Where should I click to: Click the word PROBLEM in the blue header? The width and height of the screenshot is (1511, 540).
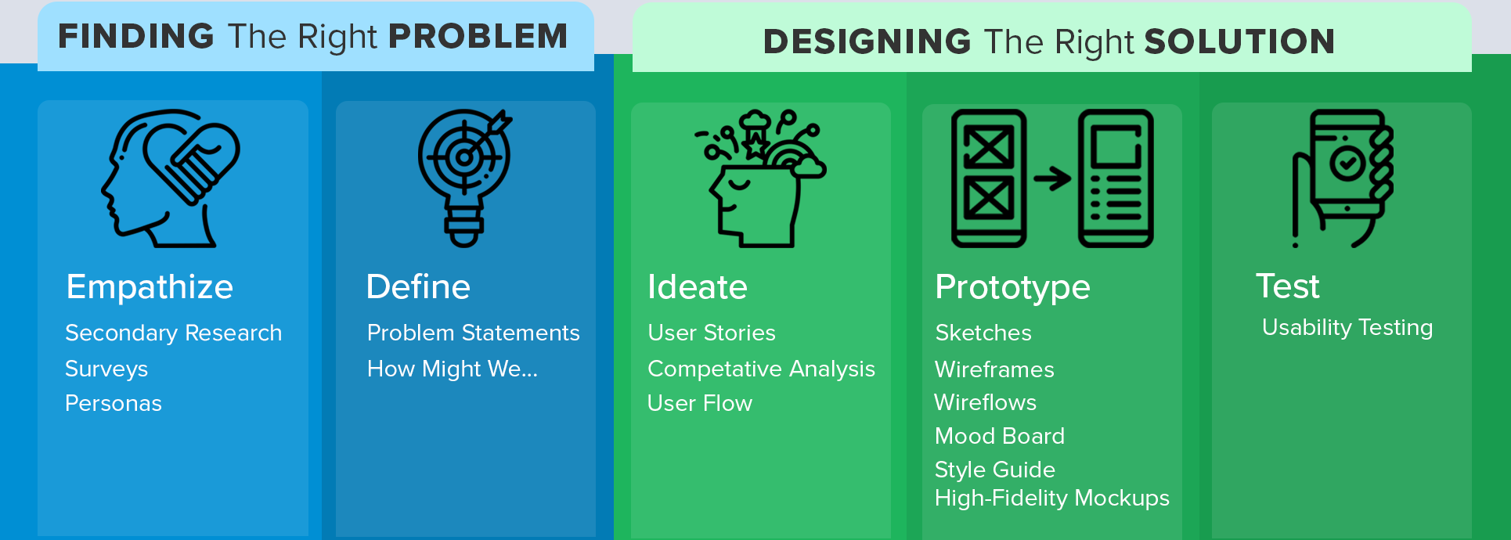(478, 36)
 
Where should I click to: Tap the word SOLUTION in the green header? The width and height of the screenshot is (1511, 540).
(1239, 41)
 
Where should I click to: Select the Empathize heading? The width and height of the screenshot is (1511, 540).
(150, 287)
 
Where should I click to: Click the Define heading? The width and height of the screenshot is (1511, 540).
(418, 286)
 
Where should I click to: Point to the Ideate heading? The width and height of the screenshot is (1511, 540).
(698, 286)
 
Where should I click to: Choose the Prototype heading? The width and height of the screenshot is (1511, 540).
(1012, 287)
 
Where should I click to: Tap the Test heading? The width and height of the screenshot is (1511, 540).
(1288, 286)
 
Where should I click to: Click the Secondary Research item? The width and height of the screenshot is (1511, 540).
(173, 333)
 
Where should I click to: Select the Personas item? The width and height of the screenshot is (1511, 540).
(114, 403)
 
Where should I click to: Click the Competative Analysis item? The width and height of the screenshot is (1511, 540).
(761, 369)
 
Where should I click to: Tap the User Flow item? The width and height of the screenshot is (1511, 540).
(700, 403)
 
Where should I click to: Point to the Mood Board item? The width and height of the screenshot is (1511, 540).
(1000, 436)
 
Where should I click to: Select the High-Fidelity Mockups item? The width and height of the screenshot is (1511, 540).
(1052, 498)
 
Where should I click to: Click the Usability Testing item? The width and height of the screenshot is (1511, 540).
(1347, 327)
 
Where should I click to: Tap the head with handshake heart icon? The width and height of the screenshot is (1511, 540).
(171, 178)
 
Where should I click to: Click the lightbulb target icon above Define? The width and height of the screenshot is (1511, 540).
(465, 178)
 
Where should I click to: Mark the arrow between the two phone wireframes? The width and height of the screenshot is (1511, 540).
(1052, 178)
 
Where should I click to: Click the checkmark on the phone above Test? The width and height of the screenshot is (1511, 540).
(1347, 163)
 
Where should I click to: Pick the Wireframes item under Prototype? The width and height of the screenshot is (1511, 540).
(994, 369)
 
